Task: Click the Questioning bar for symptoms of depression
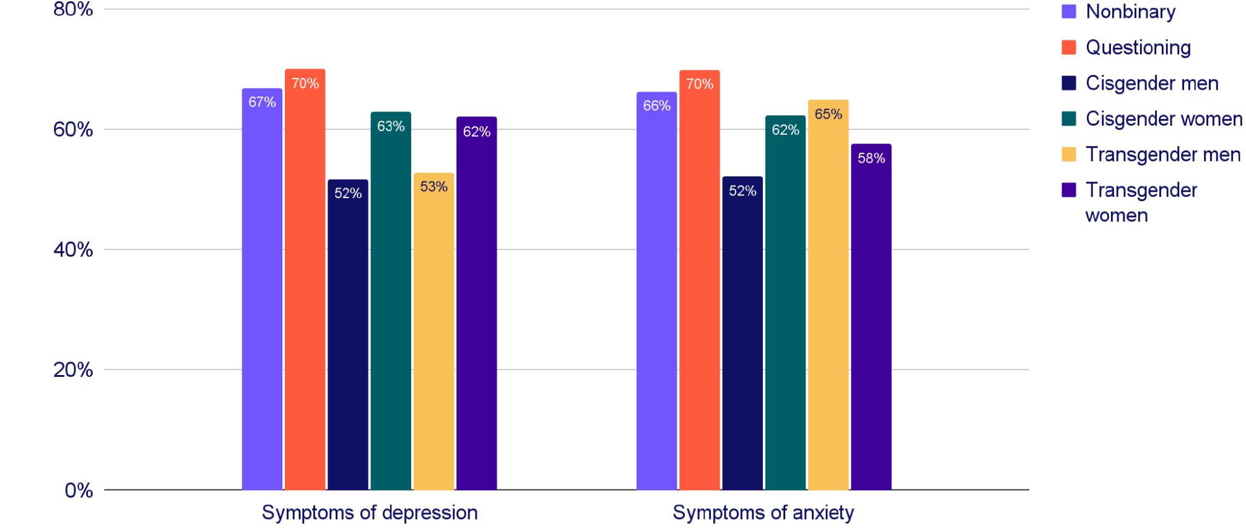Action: (305, 278)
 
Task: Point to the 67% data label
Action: (262, 102)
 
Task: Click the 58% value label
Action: (871, 158)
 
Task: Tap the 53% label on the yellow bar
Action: (433, 186)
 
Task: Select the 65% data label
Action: (828, 114)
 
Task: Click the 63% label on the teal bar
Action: (391, 126)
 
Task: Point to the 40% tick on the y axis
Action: (72, 250)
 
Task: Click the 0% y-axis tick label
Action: (79, 491)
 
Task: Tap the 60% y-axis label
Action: (72, 130)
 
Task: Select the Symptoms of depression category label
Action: (369, 512)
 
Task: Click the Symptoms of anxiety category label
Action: (763, 512)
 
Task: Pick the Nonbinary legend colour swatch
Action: (1068, 11)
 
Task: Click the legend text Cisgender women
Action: (1164, 119)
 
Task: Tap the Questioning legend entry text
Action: (1138, 48)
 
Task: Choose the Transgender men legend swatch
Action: (1068, 154)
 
